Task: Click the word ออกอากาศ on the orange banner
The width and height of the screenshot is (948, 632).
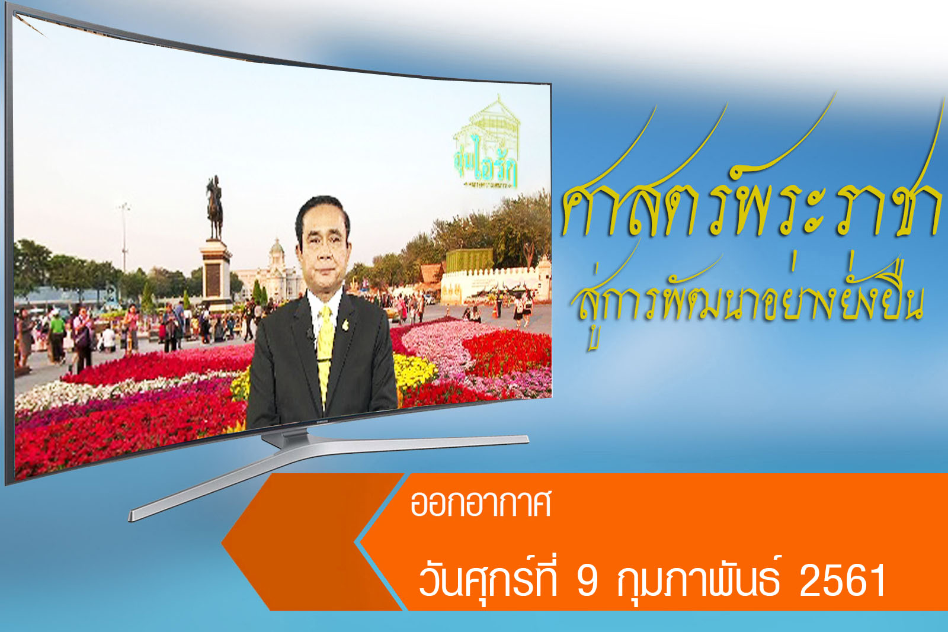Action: [x=481, y=504]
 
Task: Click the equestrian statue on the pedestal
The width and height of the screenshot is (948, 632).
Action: [x=214, y=207]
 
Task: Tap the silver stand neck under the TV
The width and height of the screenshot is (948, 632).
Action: [x=284, y=438]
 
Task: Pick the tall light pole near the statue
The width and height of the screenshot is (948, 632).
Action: [x=124, y=237]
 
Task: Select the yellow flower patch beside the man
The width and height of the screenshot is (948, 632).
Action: [x=412, y=370]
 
